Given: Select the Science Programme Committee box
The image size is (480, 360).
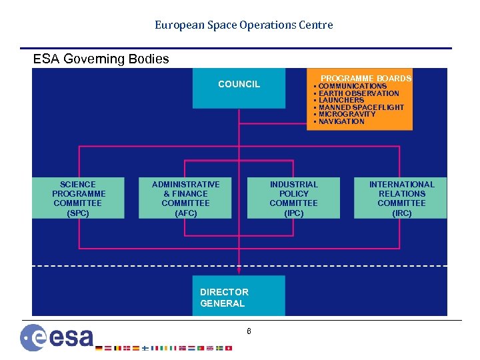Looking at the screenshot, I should coord(78,198).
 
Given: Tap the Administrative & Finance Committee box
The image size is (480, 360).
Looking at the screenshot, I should coord(185,198).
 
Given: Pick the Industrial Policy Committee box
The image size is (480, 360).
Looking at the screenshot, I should coord(293,198).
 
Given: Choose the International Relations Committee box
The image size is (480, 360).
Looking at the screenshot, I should coord(401,198).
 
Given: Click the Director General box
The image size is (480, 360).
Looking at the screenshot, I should coord(238,296).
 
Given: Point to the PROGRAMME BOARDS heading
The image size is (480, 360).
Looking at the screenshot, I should coord(366,78).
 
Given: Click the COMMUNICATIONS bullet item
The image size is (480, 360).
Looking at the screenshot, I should coord(352,86).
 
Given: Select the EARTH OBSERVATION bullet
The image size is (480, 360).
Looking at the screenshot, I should coord(358,93).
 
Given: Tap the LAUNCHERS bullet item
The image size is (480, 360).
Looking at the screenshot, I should coord(341,100).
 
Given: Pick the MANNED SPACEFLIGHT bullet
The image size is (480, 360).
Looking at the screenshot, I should coord(361,107).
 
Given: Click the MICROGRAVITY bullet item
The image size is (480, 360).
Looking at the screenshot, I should coord(347,114).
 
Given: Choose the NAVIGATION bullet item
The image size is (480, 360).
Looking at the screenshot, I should coord(341,121).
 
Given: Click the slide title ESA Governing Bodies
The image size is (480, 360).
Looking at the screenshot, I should coord(101,59).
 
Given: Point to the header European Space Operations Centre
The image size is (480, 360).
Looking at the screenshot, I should coord(244,25).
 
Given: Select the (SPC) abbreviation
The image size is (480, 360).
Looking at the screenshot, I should coord(78,213).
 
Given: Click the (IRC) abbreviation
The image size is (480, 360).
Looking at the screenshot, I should coord(401,213).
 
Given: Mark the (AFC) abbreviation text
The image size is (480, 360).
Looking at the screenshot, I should coord(185,213).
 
